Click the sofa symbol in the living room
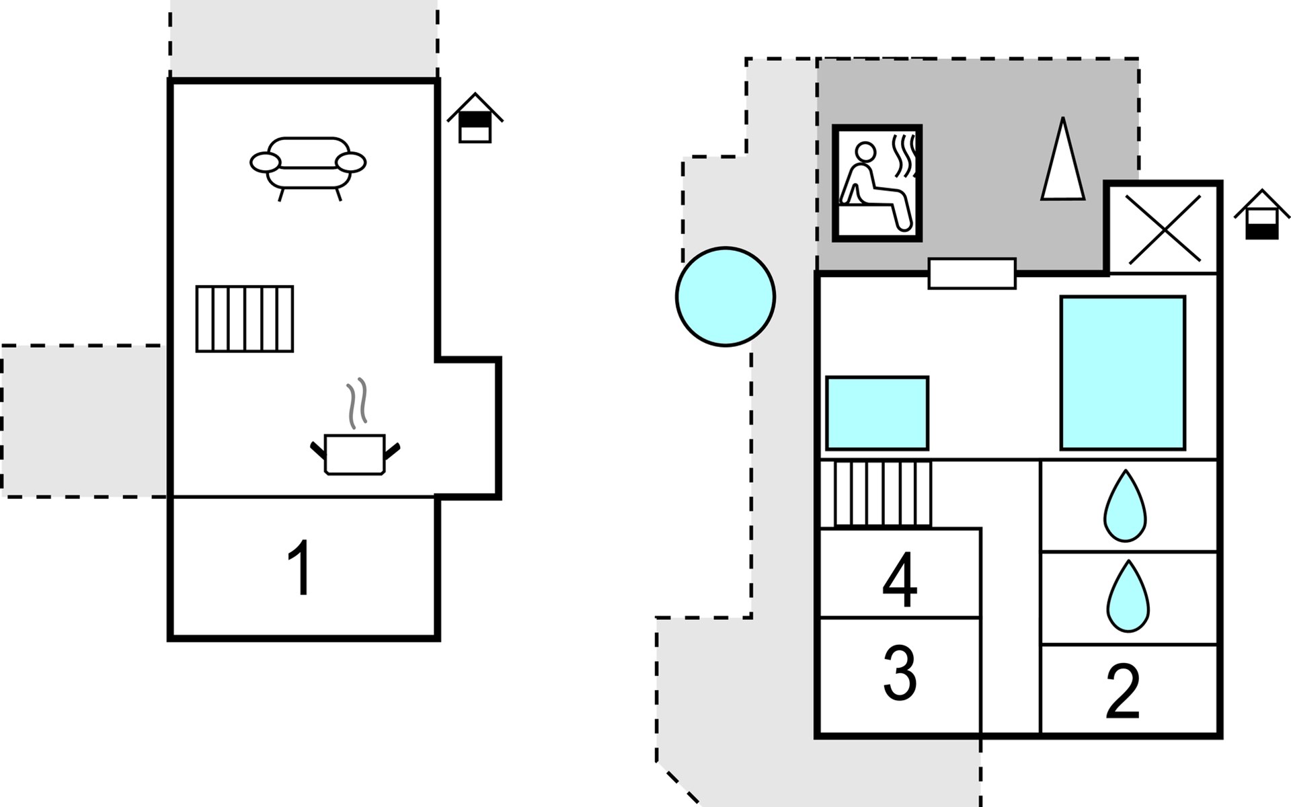(x=308, y=165)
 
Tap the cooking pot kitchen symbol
(x=355, y=455)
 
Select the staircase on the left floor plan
(x=245, y=319)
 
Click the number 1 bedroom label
(x=300, y=569)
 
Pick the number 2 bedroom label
(x=1123, y=691)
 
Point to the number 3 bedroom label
(x=900, y=672)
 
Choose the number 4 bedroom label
(x=900, y=580)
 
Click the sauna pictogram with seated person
(x=877, y=183)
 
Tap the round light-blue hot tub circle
(x=726, y=297)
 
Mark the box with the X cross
(x=1164, y=229)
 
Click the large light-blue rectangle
(x=1122, y=373)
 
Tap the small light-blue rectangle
(x=877, y=413)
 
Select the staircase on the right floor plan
(x=882, y=494)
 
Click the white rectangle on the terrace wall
(x=972, y=274)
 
